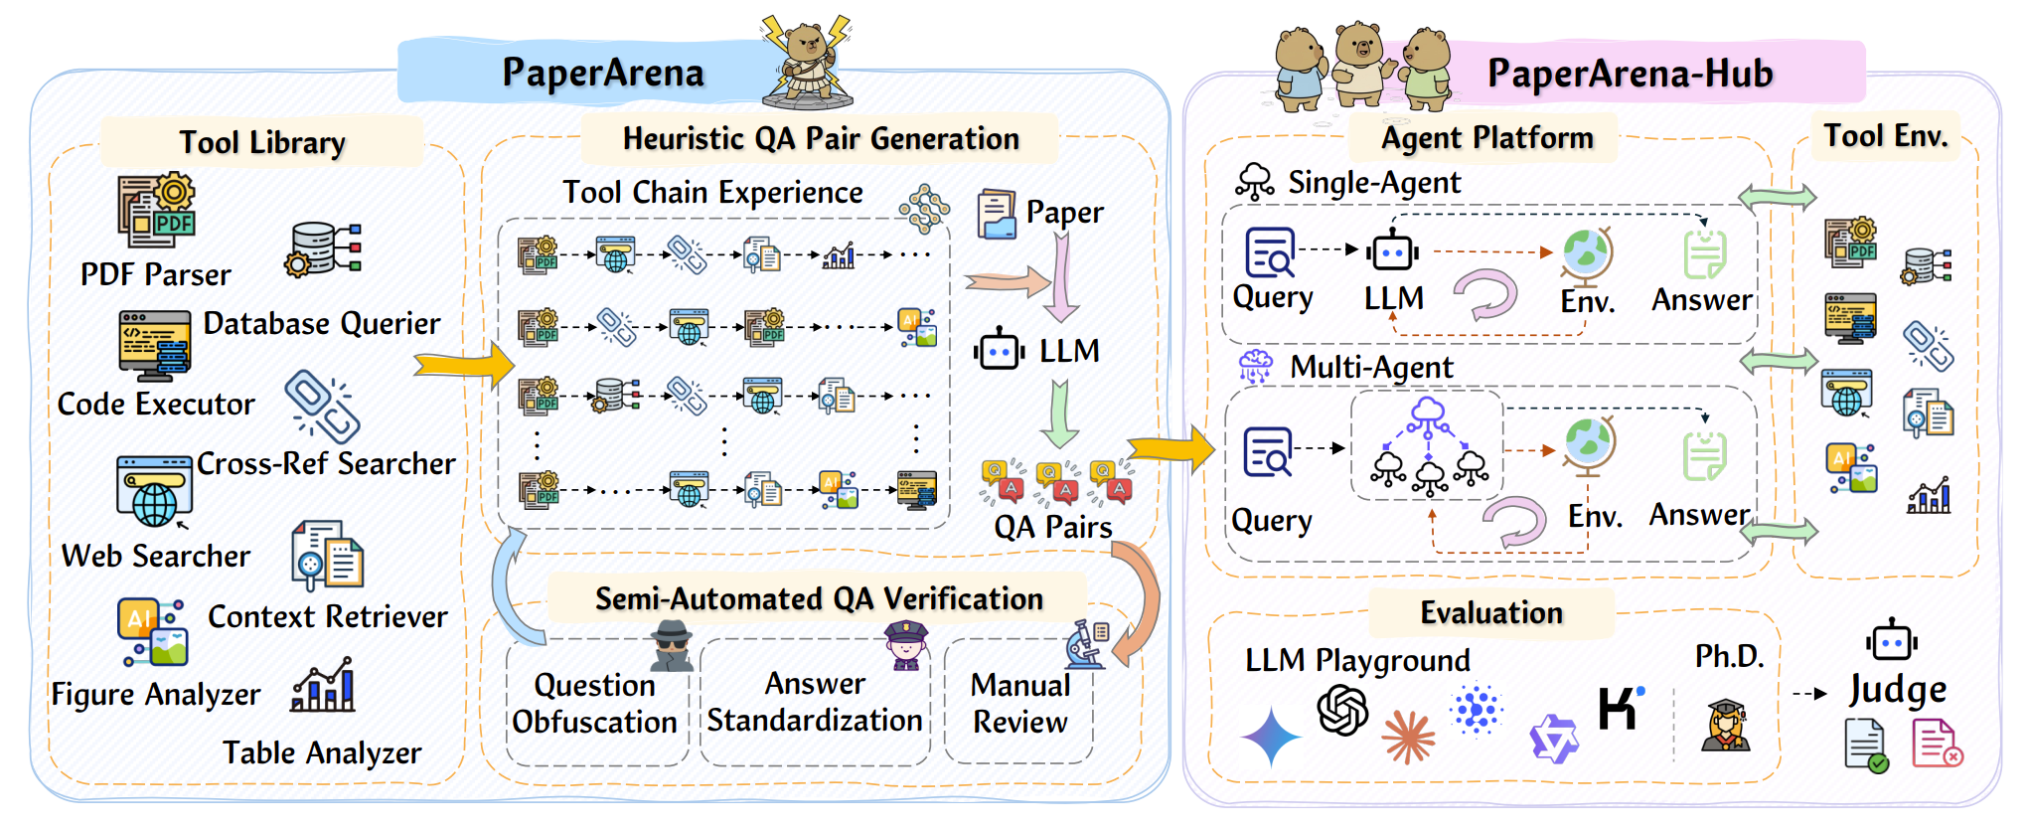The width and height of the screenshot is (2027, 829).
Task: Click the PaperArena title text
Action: (x=602, y=73)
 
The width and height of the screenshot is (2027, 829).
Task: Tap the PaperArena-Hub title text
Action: (x=1630, y=74)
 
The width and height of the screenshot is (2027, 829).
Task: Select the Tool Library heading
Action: (x=262, y=142)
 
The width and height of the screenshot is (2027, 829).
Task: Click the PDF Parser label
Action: (x=155, y=274)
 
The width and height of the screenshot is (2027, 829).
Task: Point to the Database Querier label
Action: (x=321, y=323)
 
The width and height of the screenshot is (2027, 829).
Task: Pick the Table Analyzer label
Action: (x=321, y=752)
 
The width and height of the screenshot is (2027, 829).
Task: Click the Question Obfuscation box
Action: (x=594, y=703)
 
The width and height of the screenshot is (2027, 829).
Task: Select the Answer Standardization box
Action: (x=814, y=702)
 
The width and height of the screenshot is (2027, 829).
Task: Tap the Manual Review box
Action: (x=1019, y=703)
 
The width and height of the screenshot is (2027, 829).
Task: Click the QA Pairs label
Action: (x=1053, y=527)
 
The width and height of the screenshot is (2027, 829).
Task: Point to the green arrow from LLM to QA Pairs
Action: (x=1059, y=414)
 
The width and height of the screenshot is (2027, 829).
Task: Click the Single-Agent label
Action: (x=1374, y=183)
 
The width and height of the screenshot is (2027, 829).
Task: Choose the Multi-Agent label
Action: (x=1371, y=368)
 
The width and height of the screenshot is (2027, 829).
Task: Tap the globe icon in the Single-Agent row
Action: (x=1586, y=254)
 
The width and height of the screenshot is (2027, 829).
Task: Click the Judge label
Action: (x=1897, y=689)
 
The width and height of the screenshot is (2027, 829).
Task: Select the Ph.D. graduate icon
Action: (x=1726, y=725)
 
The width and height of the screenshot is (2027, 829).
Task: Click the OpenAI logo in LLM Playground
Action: (x=1342, y=710)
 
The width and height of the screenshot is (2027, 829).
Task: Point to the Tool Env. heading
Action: (x=1885, y=135)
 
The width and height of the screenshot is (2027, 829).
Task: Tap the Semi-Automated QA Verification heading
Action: (x=819, y=598)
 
